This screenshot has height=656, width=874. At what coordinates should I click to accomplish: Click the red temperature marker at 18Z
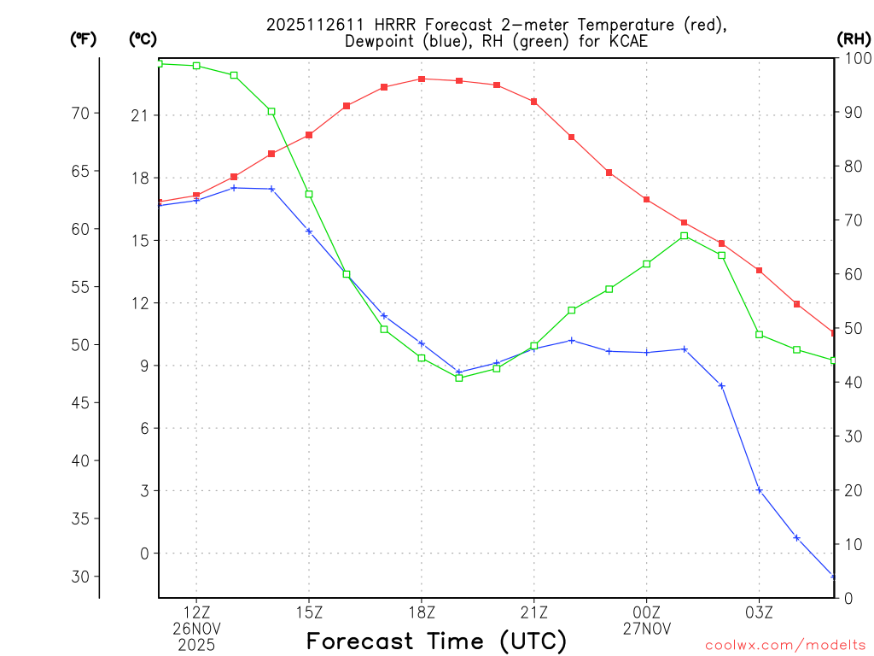click(x=422, y=79)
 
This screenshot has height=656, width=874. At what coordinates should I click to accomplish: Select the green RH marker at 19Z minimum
click(x=459, y=378)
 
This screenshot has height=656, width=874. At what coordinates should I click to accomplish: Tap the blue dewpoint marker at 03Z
click(x=760, y=490)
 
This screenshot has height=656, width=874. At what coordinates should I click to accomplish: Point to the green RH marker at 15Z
click(x=309, y=194)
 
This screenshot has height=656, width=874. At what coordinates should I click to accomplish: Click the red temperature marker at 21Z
click(x=534, y=102)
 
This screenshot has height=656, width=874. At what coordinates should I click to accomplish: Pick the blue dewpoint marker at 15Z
click(x=309, y=231)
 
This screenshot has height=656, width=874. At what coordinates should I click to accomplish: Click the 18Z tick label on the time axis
click(x=422, y=612)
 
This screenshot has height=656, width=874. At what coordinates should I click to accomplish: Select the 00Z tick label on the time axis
click(x=646, y=612)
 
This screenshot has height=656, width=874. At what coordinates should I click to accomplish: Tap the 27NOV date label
click(x=646, y=628)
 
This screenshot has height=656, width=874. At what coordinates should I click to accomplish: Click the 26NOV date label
click(x=197, y=628)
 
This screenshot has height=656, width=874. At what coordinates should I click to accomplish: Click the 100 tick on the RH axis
click(x=854, y=58)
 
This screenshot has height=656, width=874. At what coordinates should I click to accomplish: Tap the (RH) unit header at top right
click(x=853, y=38)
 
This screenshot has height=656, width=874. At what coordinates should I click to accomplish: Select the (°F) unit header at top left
click(x=83, y=38)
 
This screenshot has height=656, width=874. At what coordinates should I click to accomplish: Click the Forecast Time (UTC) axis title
click(x=436, y=641)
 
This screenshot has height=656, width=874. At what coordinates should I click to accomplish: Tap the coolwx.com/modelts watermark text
click(x=786, y=645)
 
